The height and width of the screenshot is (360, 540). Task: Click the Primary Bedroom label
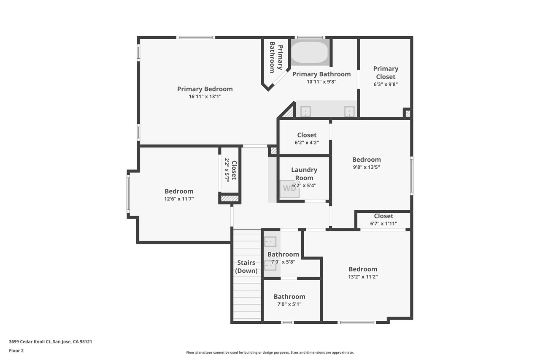coord(205,89)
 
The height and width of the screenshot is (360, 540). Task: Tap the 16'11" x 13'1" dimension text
coord(205,97)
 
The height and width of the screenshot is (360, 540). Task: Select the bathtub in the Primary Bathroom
coord(310,52)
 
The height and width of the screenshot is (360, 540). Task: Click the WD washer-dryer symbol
coord(289,189)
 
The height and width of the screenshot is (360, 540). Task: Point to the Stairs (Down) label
coord(246,267)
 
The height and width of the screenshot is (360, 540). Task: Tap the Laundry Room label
coord(304,174)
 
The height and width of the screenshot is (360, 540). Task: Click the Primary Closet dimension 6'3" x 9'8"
coord(386,84)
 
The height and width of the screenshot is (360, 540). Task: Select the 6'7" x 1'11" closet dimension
coord(383,224)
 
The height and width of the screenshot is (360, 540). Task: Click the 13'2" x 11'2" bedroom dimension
coord(363,277)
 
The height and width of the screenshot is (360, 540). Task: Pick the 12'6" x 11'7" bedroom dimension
coord(179,199)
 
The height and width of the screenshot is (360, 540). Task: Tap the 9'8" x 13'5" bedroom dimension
coord(367,167)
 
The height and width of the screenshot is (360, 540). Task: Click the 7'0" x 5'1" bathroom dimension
coord(289,304)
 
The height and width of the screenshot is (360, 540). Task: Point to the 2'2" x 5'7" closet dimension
coord(227,170)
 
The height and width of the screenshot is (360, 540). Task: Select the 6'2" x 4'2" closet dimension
coord(307,143)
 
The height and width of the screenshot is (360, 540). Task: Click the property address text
coord(50,342)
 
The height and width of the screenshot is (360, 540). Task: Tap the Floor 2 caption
coord(16,351)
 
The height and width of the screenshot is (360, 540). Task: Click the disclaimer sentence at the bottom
coord(270,352)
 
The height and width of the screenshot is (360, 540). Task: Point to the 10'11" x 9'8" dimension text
coord(321,82)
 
